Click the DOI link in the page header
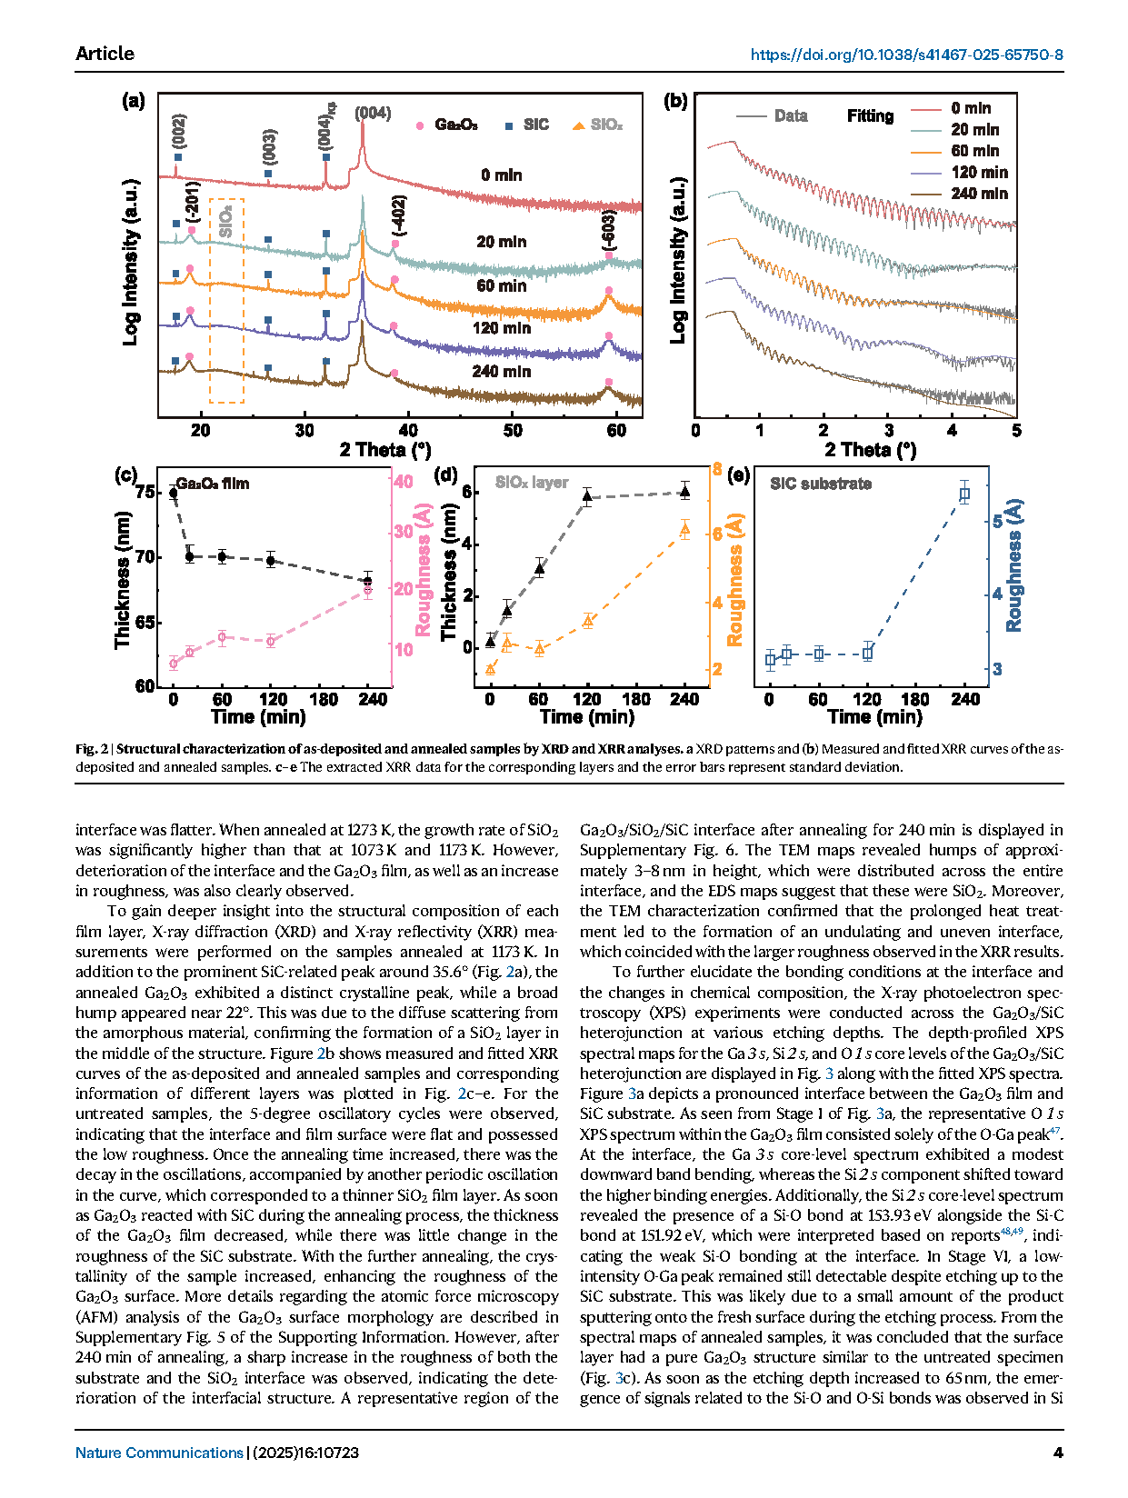(x=906, y=55)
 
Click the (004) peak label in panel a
(x=373, y=113)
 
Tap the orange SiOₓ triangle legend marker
(x=578, y=125)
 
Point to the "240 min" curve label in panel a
(x=501, y=371)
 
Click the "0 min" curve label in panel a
(x=501, y=175)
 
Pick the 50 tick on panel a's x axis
(x=513, y=430)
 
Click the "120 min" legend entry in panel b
(x=979, y=172)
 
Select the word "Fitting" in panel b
(x=870, y=115)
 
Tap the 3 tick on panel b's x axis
(x=888, y=430)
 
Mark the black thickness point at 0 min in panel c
(x=174, y=493)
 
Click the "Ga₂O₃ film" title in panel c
(x=212, y=484)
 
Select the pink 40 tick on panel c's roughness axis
(x=403, y=481)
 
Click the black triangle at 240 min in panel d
(x=684, y=492)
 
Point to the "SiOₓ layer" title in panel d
(x=532, y=483)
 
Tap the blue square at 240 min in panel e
(x=964, y=494)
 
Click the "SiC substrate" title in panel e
(x=820, y=484)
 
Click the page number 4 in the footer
(x=1058, y=1453)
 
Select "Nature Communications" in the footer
(x=159, y=1453)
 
